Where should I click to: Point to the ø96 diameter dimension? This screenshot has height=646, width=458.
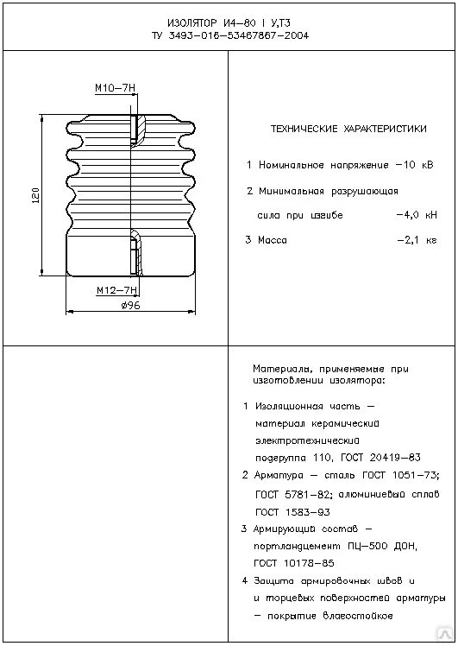[x=131, y=306]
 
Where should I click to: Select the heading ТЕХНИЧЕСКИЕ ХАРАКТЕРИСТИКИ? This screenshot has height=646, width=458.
[x=348, y=129]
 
